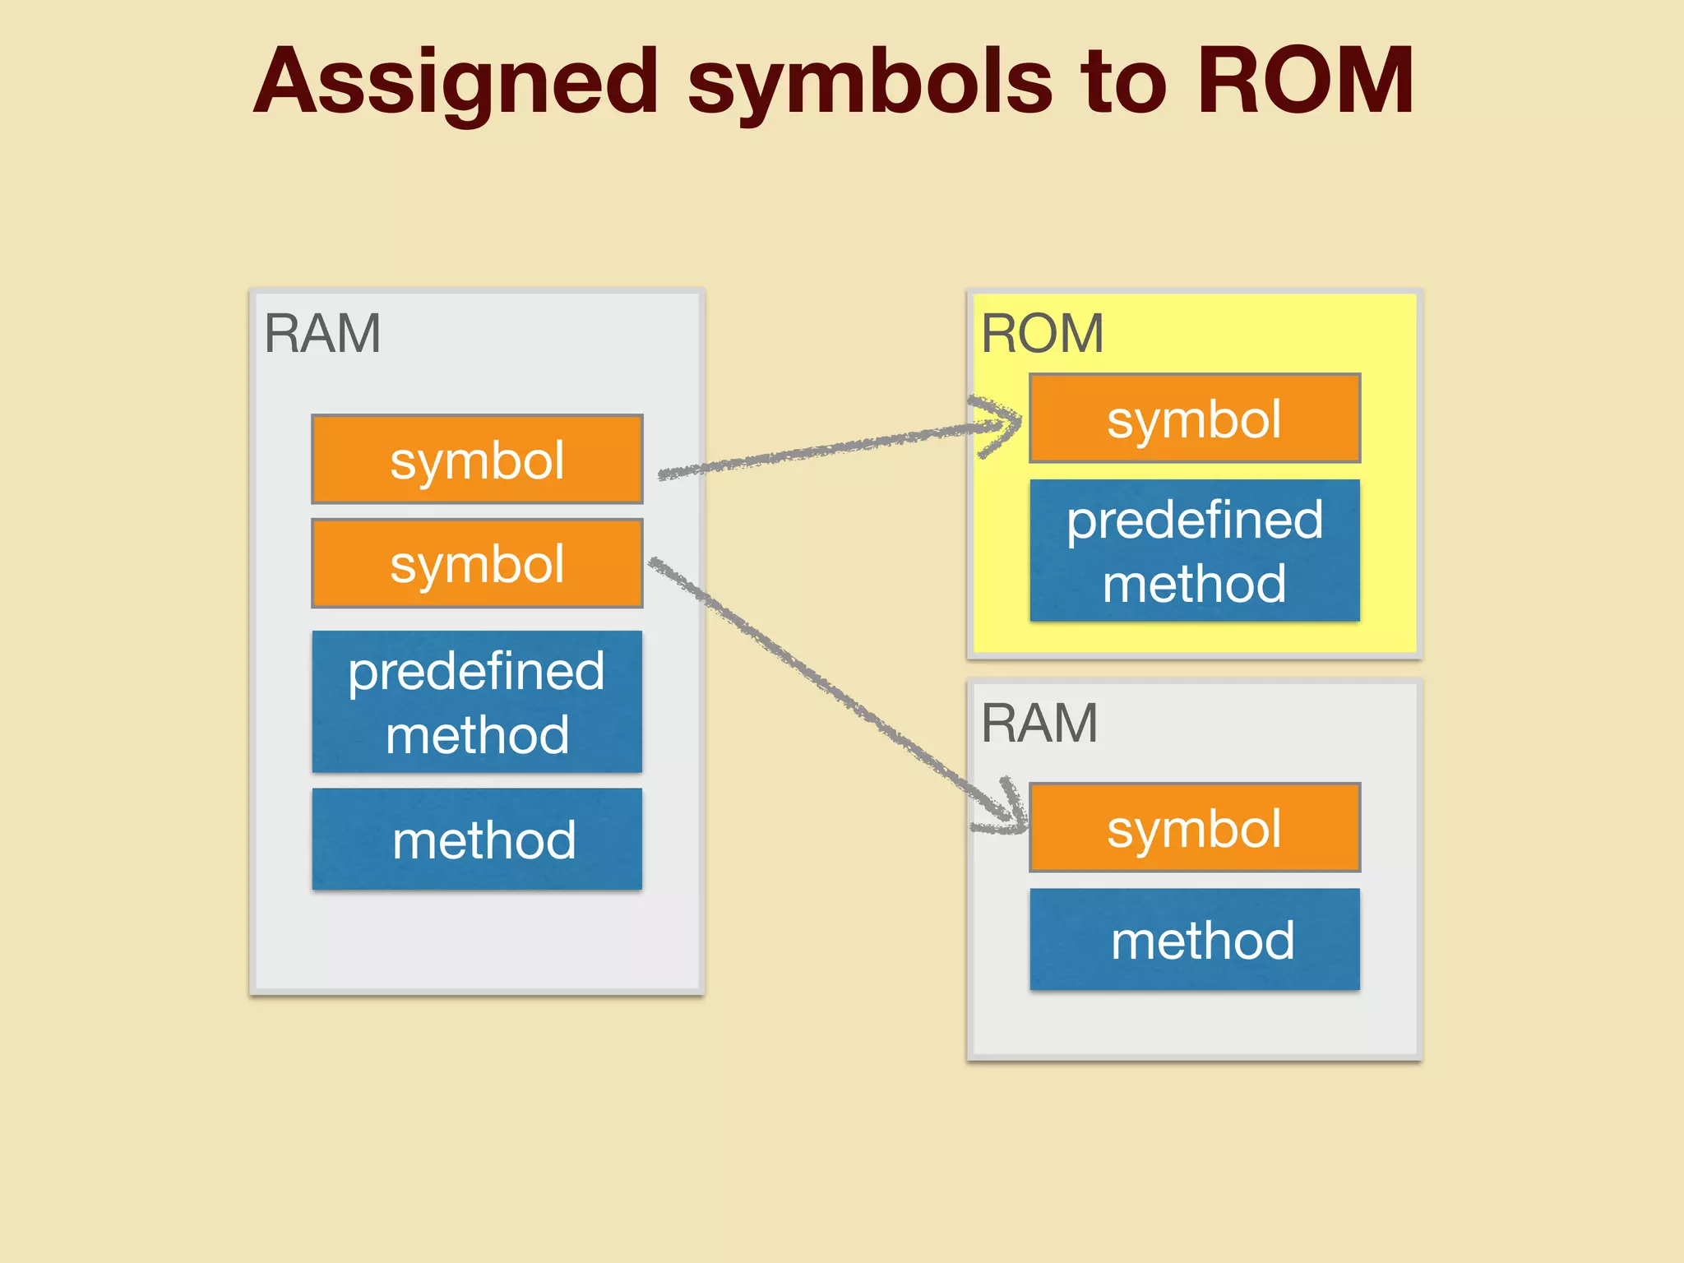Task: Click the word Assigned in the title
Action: point(456,82)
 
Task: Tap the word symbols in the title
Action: point(869,82)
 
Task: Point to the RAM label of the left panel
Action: point(322,334)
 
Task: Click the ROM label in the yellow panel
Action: point(1042,334)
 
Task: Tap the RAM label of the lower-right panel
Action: point(1039,724)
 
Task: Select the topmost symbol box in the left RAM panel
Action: point(477,460)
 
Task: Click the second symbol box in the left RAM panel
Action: point(477,564)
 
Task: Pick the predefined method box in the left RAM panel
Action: point(477,701)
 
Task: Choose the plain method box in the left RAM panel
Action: point(477,840)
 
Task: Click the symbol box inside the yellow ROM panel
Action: point(1194,419)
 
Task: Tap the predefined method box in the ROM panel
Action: point(1194,551)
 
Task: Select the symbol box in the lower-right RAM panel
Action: point(1194,828)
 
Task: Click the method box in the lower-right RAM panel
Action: point(1194,940)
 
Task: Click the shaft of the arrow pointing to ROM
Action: point(822,451)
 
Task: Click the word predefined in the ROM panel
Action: point(1194,520)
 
